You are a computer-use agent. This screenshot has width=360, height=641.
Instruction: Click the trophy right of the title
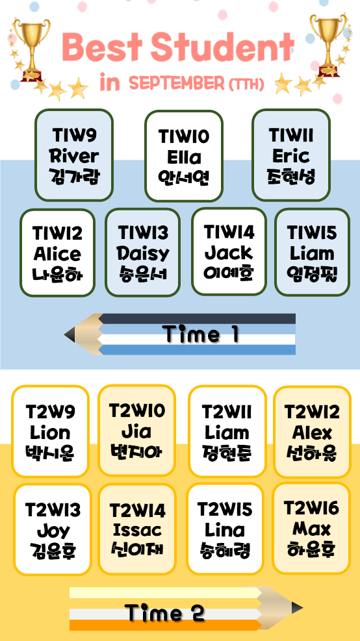pyautogui.click(x=328, y=45)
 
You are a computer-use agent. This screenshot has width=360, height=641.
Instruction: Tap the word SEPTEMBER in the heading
pyautogui.click(x=177, y=84)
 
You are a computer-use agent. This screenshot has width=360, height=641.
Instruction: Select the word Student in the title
pyautogui.click(x=223, y=47)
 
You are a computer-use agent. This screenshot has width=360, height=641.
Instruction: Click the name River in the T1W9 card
pyautogui.click(x=74, y=156)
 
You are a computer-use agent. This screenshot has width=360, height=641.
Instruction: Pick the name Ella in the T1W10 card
pyautogui.click(x=184, y=157)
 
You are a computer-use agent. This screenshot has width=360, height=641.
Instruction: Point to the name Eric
pyautogui.click(x=291, y=156)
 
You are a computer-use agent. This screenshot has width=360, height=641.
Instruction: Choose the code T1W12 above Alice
pyautogui.click(x=58, y=234)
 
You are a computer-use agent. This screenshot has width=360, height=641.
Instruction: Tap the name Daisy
pyautogui.click(x=143, y=254)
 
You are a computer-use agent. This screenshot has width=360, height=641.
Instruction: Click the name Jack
pyautogui.click(x=229, y=253)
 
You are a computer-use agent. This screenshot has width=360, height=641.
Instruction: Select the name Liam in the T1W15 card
pyautogui.click(x=312, y=253)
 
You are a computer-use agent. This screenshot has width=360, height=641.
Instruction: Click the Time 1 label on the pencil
pyautogui.click(x=201, y=334)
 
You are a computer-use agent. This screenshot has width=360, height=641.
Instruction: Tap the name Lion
pyautogui.click(x=50, y=433)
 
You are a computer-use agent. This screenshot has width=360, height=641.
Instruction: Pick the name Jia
pyautogui.click(x=136, y=431)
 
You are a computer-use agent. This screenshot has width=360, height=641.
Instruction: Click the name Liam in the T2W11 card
pyautogui.click(x=227, y=433)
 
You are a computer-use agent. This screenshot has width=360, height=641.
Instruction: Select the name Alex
pyautogui.click(x=312, y=432)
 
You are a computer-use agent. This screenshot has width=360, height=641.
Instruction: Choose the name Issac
pyautogui.click(x=137, y=530)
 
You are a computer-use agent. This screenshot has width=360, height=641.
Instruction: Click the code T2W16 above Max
pyautogui.click(x=311, y=509)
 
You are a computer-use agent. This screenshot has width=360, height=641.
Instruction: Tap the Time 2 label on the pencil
pyautogui.click(x=164, y=614)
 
